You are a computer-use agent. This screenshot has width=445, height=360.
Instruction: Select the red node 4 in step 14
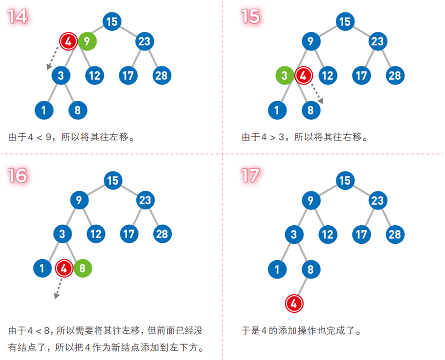tap(68, 41)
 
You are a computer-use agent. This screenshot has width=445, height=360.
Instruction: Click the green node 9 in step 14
tap(87, 41)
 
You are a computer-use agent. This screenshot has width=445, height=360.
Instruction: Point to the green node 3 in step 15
tap(284, 76)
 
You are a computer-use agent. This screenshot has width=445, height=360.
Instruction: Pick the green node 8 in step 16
tap(83, 268)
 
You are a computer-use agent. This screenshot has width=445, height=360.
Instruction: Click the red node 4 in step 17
tap(294, 303)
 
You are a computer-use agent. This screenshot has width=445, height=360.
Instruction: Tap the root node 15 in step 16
tap(112, 181)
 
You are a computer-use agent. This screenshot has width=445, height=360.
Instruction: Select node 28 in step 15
tap(395, 76)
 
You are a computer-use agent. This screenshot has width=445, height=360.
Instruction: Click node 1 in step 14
tap(44, 110)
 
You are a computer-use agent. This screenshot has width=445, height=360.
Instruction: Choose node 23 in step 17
tap(378, 200)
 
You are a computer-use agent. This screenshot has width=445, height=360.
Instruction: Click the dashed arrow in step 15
tap(315, 94)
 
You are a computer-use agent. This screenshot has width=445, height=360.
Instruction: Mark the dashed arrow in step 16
tap(57, 287)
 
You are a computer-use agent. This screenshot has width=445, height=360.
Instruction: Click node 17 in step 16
tap(128, 234)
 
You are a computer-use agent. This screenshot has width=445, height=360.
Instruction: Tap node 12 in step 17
tap(327, 234)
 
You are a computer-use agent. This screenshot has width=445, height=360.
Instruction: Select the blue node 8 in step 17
tap(310, 268)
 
